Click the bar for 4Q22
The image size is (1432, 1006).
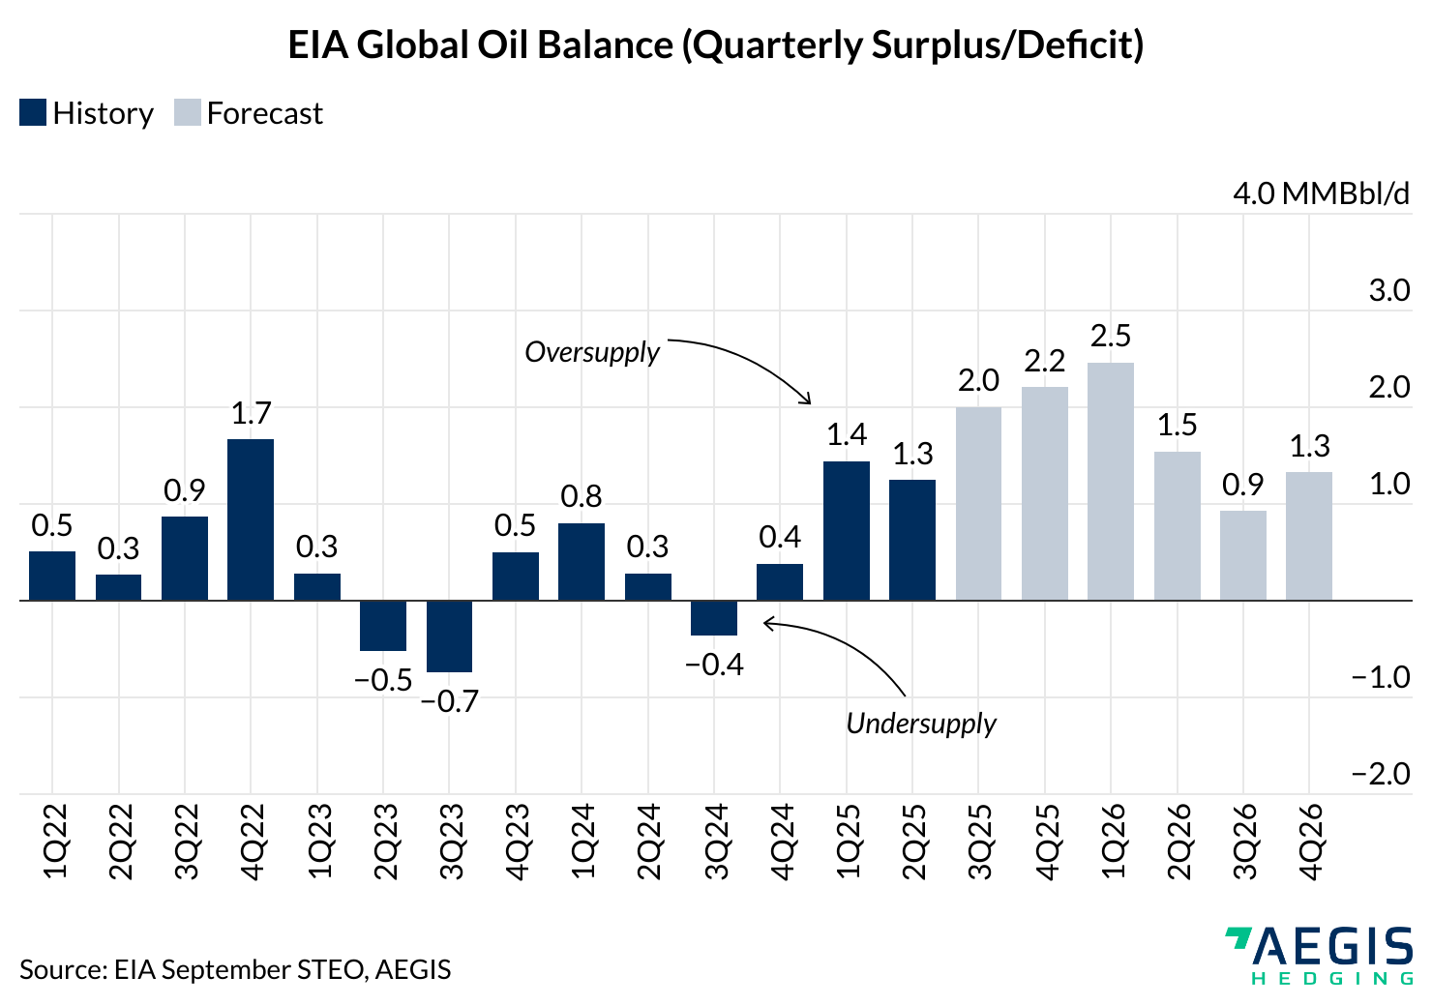point(251,519)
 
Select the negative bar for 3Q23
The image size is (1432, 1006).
point(449,636)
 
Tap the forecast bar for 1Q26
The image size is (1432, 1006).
point(1110,481)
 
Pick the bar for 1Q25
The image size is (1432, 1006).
point(847,530)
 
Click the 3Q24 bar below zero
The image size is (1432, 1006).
point(714,618)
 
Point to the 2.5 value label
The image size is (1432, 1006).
point(1110,336)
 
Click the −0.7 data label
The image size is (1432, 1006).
point(449,700)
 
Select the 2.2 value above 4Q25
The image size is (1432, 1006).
point(1044,361)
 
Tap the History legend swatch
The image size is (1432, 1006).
point(33,113)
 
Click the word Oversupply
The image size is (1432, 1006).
point(592,351)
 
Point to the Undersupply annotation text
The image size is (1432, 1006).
point(921,723)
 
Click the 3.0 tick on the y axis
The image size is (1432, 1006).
point(1388,290)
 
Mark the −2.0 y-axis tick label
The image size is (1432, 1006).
point(1381,774)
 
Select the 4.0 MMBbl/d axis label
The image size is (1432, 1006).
point(1321,193)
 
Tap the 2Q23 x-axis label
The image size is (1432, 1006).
point(383,841)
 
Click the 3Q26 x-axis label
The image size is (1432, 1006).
point(1243,841)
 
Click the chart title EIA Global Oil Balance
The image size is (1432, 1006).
point(716,45)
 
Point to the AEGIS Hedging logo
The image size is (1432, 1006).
point(1319,955)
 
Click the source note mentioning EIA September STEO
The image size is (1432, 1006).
point(235,969)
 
